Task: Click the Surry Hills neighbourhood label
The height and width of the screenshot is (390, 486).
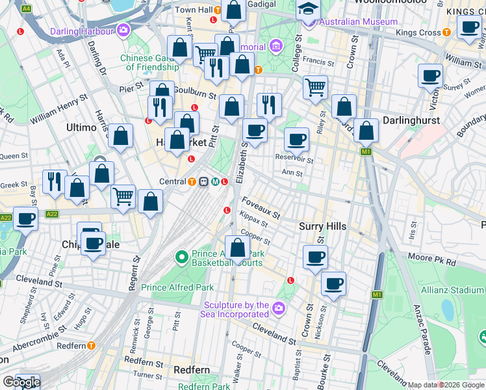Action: pyautogui.click(x=322, y=226)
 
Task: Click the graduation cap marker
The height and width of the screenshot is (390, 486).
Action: pyautogui.click(x=308, y=9)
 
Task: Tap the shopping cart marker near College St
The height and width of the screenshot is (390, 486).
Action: pyautogui.click(x=315, y=86)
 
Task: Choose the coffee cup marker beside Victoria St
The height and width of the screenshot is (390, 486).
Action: pyautogui.click(x=430, y=76)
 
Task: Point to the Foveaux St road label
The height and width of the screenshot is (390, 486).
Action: pyautogui.click(x=261, y=207)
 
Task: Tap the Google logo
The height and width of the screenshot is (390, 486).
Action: pyautogui.click(x=21, y=382)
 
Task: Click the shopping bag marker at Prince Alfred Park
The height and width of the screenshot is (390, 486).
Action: pyautogui.click(x=238, y=248)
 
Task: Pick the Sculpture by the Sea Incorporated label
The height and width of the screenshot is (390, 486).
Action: pyautogui.click(x=237, y=310)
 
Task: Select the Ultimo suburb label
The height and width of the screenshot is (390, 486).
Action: pyautogui.click(x=81, y=128)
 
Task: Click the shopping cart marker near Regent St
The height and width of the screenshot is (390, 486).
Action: pyautogui.click(x=123, y=196)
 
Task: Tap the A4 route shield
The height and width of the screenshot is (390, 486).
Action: pyautogui.click(x=26, y=8)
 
